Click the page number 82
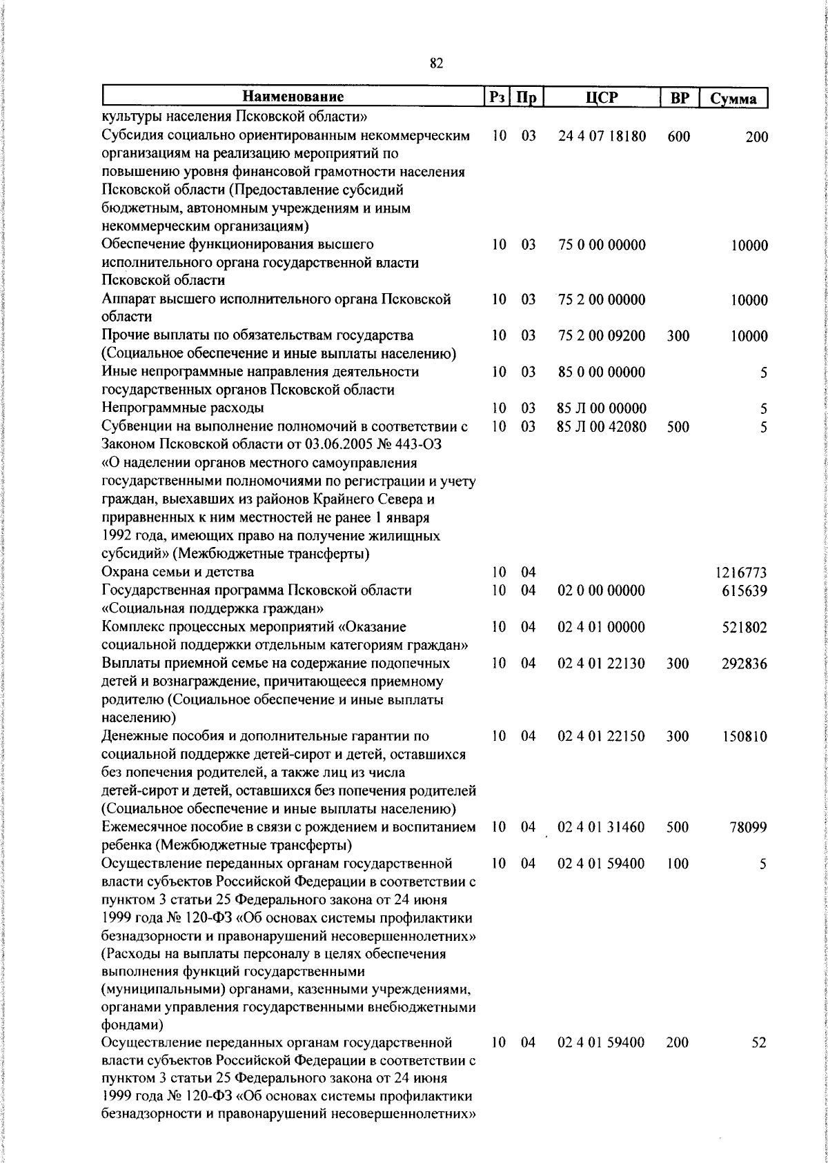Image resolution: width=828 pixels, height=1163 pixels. point(436,63)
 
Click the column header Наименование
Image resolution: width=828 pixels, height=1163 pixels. point(293,97)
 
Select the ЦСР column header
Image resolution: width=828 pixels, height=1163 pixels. point(602,97)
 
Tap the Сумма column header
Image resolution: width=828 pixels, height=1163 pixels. point(734,99)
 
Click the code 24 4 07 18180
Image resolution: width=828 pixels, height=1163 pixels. point(602,137)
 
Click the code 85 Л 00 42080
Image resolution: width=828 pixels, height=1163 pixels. point(602,427)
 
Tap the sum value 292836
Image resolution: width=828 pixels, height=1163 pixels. point(745,664)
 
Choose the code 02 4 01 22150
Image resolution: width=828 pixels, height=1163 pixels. point(602,737)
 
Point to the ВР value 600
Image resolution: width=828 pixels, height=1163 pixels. point(678,137)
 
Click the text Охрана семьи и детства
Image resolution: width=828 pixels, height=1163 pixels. point(177,572)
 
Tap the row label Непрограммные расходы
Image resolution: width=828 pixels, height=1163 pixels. point(182,408)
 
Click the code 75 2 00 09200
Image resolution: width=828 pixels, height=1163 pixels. point(602,336)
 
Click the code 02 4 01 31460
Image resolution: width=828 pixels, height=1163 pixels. point(602,827)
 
